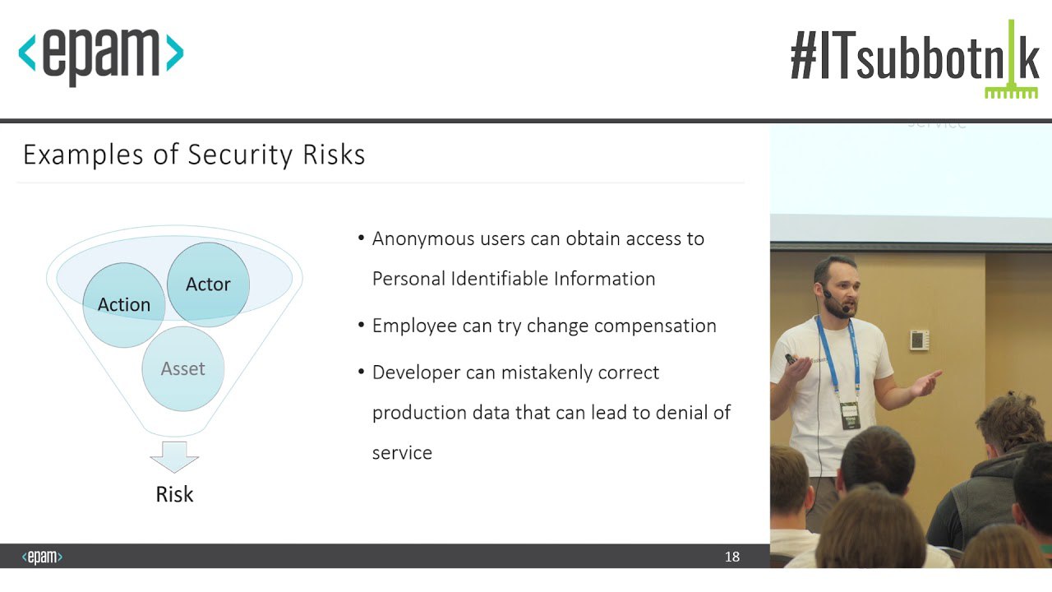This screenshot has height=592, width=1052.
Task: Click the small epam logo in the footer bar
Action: coord(42,557)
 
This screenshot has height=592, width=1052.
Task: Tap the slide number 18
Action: coord(732,557)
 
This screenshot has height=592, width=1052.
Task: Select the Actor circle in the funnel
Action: coord(208,284)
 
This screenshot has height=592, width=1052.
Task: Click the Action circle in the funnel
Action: coord(124,305)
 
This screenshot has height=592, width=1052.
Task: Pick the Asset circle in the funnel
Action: coord(182,369)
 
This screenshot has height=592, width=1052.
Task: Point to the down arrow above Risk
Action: coord(174,456)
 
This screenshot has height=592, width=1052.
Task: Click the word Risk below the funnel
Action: coord(174,494)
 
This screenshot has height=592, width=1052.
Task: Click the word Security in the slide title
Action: coord(240,155)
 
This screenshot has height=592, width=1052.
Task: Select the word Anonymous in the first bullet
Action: coord(423,239)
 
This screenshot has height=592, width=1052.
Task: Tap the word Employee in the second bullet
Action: coord(414,326)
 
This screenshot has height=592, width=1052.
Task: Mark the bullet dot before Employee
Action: coord(361,325)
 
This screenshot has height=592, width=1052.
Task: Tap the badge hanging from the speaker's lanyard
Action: coord(850,415)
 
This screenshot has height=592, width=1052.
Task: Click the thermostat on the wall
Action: coord(919,340)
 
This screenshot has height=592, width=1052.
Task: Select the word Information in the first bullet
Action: coord(604,279)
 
